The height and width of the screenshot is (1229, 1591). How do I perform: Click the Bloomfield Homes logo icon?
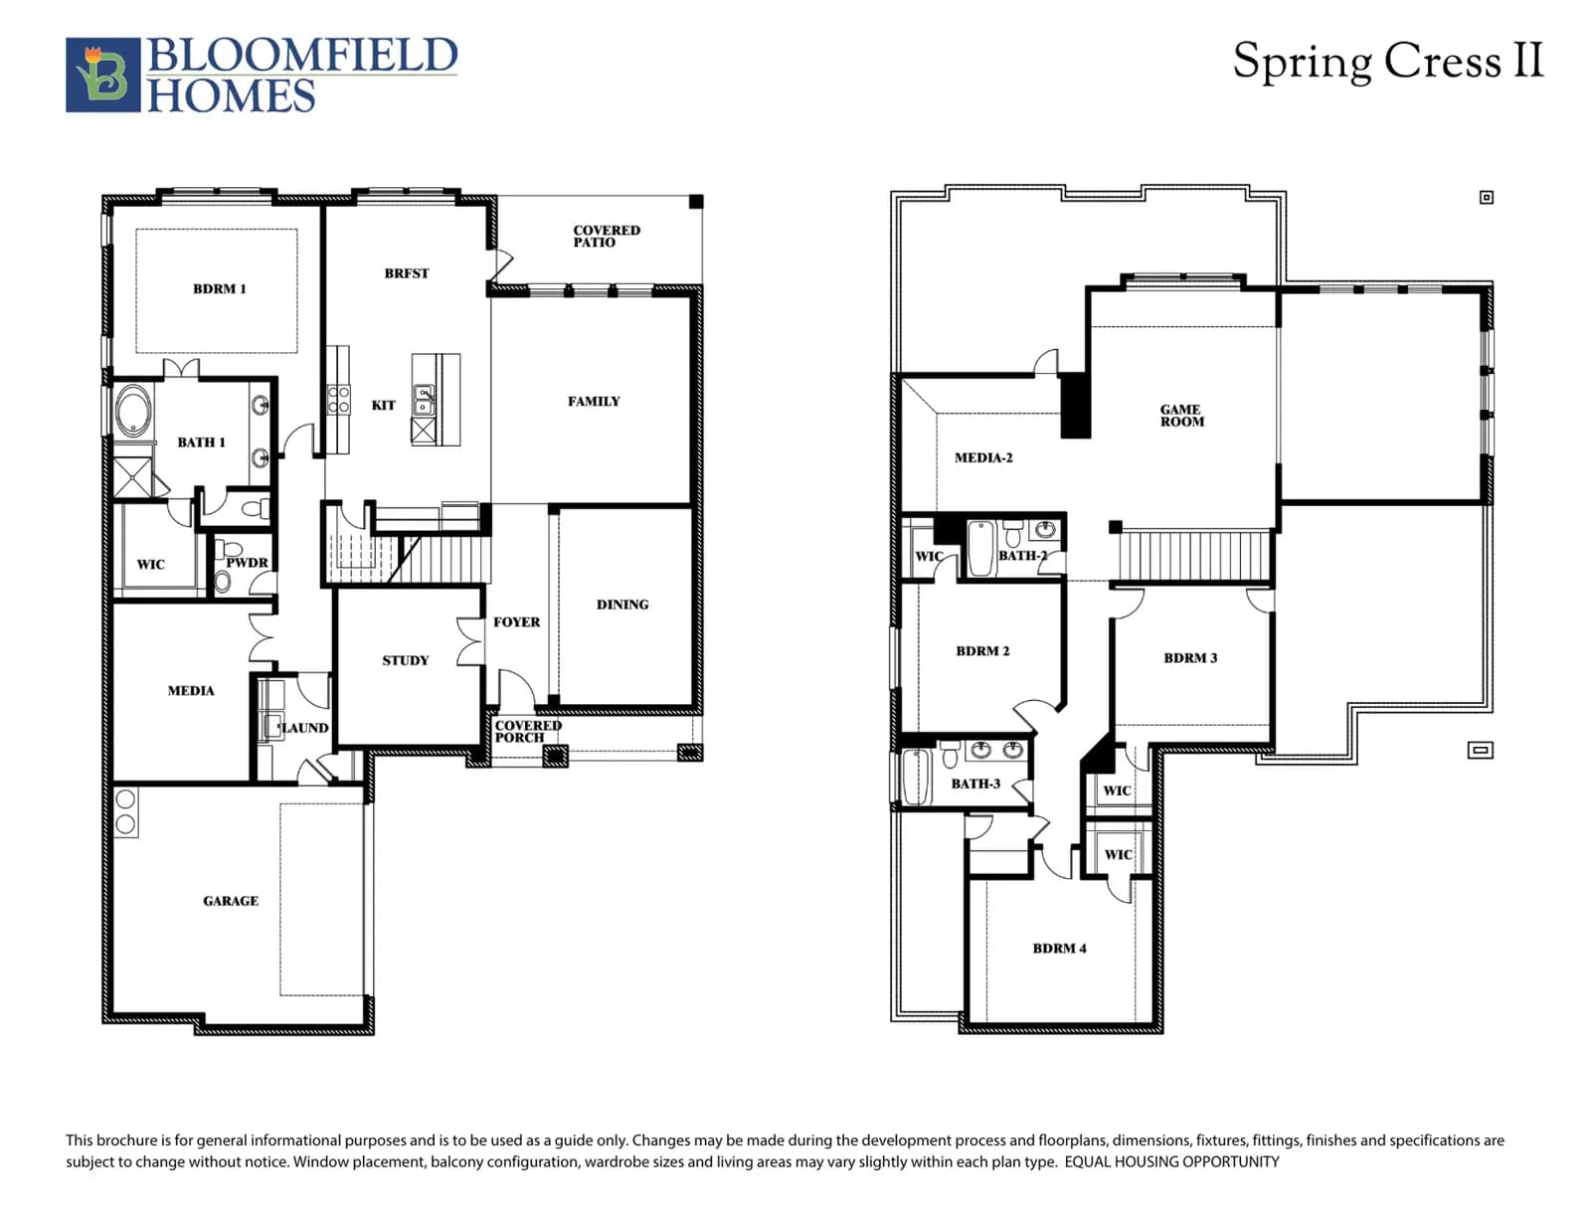pyautogui.click(x=102, y=75)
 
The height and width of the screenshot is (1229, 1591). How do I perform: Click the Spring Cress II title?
pyautogui.click(x=1387, y=62)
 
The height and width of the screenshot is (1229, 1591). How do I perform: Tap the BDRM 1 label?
pyautogui.click(x=220, y=289)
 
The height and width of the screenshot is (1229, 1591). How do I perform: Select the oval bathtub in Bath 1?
pyautogui.click(x=134, y=412)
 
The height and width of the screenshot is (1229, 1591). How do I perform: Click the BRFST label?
pyautogui.click(x=407, y=273)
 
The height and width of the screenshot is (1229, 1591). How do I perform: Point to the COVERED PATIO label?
pyautogui.click(x=607, y=237)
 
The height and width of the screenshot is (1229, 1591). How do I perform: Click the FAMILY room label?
pyautogui.click(x=594, y=401)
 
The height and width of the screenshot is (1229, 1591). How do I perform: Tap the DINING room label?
pyautogui.click(x=622, y=605)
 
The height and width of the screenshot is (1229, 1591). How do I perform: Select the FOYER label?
pyautogui.click(x=516, y=622)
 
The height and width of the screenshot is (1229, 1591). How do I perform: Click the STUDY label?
pyautogui.click(x=405, y=660)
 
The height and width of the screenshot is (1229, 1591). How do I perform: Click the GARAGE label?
pyautogui.click(x=231, y=901)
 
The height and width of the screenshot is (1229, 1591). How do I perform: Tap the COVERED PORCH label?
pyautogui.click(x=528, y=731)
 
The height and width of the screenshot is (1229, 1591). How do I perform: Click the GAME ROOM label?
pyautogui.click(x=1181, y=416)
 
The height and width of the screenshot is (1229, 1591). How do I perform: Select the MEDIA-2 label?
pyautogui.click(x=983, y=458)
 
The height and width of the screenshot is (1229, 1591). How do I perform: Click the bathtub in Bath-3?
pyautogui.click(x=915, y=777)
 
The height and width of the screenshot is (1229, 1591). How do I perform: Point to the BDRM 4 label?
pyautogui.click(x=1059, y=949)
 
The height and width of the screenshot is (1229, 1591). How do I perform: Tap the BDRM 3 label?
pyautogui.click(x=1190, y=658)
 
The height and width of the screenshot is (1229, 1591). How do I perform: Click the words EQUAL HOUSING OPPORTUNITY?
pyautogui.click(x=1171, y=1161)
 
